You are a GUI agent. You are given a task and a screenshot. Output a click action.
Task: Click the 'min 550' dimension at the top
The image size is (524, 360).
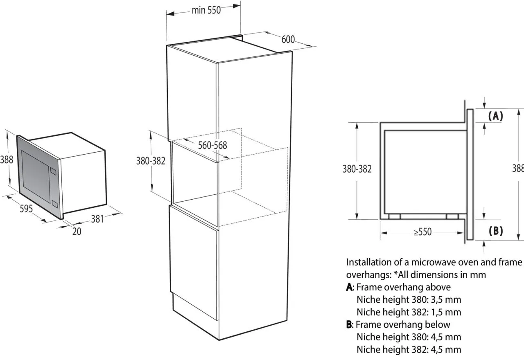click(206, 10)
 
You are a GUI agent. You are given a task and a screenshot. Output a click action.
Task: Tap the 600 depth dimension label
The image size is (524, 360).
click(288, 39)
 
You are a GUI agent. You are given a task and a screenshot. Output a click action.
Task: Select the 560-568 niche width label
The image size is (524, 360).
click(212, 145)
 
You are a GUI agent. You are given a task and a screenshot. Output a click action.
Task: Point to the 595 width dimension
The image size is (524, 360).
click(26, 208)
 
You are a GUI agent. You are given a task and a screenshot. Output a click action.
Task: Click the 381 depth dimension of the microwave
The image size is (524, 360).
click(97, 219)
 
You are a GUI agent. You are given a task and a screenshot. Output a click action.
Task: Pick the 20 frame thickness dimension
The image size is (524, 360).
click(77, 232)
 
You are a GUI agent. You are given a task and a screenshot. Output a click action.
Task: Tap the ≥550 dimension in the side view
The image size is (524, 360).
click(422, 232)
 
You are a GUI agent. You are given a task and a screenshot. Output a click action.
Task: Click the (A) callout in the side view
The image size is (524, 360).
click(495, 116)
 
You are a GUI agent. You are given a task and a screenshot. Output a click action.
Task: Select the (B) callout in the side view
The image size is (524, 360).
click(496, 231)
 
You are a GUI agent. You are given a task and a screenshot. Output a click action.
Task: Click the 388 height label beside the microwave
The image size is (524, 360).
click(7, 160)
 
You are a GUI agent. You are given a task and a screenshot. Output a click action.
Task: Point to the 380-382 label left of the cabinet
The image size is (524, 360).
click(151, 161)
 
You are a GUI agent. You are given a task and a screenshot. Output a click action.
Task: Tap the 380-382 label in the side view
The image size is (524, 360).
click(357, 169)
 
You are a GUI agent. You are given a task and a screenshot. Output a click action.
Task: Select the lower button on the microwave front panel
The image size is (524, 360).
click(54, 204)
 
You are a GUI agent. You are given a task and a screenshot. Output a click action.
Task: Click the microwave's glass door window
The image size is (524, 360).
click(36, 176)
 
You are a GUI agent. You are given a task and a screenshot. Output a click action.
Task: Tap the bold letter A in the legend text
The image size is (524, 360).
click(349, 287)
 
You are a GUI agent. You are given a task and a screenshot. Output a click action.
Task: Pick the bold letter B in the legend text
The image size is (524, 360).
click(349, 324)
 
